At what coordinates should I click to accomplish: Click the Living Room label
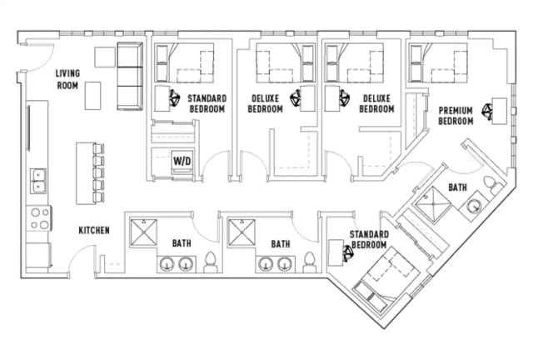[68, 78]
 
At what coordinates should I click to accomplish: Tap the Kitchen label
[94, 230]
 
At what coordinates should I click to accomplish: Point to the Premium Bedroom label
[456, 116]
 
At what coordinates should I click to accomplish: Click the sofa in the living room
[128, 76]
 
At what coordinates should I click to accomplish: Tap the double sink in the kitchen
[37, 180]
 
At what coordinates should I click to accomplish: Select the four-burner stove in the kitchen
[38, 218]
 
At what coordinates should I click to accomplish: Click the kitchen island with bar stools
[85, 172]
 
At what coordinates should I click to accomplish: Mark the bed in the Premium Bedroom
[438, 62]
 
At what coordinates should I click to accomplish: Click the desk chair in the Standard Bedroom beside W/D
[176, 97]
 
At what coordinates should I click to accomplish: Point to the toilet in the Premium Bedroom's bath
[493, 185]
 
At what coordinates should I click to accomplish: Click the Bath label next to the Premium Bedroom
[457, 188]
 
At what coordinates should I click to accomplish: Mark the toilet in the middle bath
[309, 262]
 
